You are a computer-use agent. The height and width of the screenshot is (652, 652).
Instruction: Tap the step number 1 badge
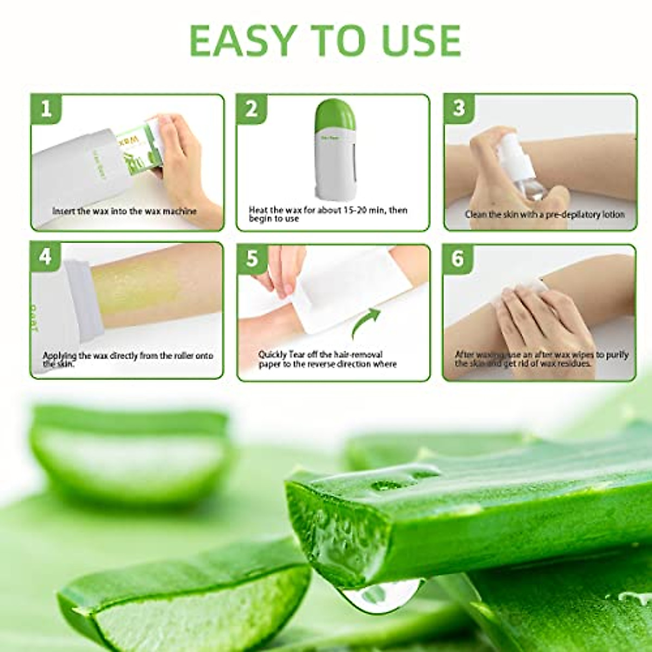pos(46,109)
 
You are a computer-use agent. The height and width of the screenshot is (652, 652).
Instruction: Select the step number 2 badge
pos(252,109)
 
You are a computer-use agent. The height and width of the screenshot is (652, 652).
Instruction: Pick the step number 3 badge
pos(459,108)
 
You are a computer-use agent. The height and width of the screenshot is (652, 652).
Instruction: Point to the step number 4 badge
pos(46,256)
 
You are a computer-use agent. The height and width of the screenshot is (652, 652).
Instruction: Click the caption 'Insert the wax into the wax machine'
pos(124,211)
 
